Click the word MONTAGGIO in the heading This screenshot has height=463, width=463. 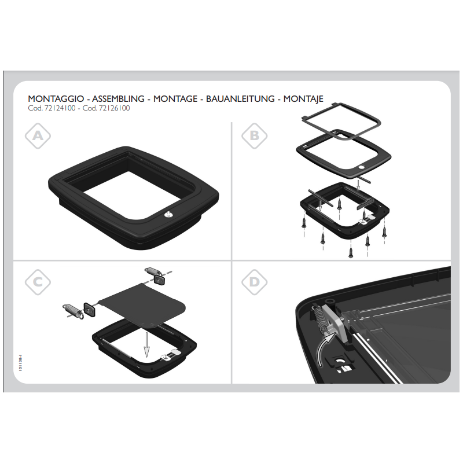pyautogui.click(x=56, y=99)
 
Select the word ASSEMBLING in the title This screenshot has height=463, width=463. pyautogui.click(x=119, y=99)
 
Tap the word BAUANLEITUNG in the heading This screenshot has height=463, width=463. pyautogui.click(x=240, y=99)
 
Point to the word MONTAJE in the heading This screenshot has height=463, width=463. pyautogui.click(x=303, y=99)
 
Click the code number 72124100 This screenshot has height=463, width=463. pyautogui.click(x=60, y=108)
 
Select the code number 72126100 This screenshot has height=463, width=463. pyautogui.click(x=114, y=108)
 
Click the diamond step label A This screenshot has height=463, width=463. pyautogui.click(x=38, y=136)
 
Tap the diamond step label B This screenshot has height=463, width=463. pyautogui.click(x=255, y=136)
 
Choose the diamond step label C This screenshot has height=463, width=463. pyautogui.click(x=38, y=282)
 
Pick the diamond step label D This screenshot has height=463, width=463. pyautogui.click(x=255, y=282)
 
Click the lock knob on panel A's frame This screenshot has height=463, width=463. pyautogui.click(x=168, y=215)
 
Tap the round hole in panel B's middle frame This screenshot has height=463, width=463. pyautogui.click(x=362, y=167)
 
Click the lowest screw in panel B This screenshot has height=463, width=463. pyautogui.click(x=351, y=252)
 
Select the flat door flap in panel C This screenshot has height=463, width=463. pyautogui.click(x=142, y=306)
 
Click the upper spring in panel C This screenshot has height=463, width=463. pyautogui.click(x=152, y=271)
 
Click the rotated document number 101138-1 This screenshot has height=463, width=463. pyautogui.click(x=20, y=363)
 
